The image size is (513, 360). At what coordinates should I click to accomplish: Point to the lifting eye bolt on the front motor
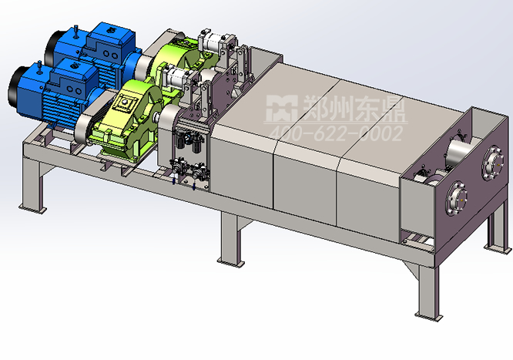point(39,68)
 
